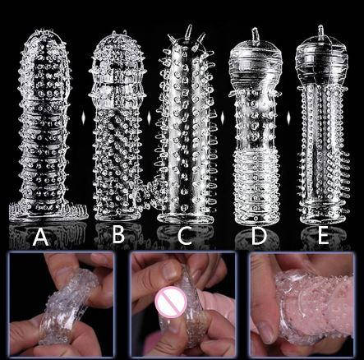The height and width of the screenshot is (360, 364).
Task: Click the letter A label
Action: (40, 237)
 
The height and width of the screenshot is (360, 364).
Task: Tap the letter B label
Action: (118, 235)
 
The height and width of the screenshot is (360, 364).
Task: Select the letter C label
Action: (185, 236)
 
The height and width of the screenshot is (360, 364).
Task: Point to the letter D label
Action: (258, 236)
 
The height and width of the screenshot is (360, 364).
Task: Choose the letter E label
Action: (324, 236)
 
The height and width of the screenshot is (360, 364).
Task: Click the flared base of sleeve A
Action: (48, 211)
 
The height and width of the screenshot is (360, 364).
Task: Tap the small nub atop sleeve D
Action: (255, 35)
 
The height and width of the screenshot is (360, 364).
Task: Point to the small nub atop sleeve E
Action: (320, 31)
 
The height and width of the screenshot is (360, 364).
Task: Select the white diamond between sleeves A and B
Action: (82, 118)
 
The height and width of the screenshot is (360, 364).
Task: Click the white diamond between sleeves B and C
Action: (149, 118)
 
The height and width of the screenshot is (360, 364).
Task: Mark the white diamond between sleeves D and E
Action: (288, 117)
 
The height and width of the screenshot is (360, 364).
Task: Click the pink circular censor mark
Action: (171, 302)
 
